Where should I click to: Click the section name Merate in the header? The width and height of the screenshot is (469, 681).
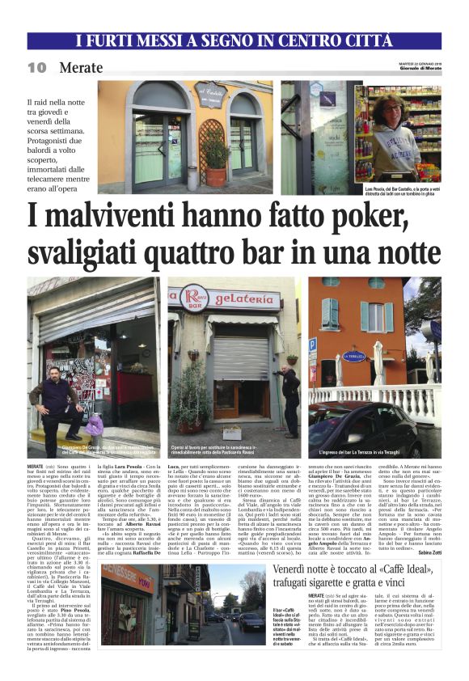pos(80,68)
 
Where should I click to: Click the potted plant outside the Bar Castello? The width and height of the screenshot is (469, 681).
pos(215,162)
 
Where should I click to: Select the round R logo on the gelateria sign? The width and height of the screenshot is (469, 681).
pos(193,297)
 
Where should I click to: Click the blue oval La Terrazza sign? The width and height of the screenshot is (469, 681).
pos(354,355)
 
